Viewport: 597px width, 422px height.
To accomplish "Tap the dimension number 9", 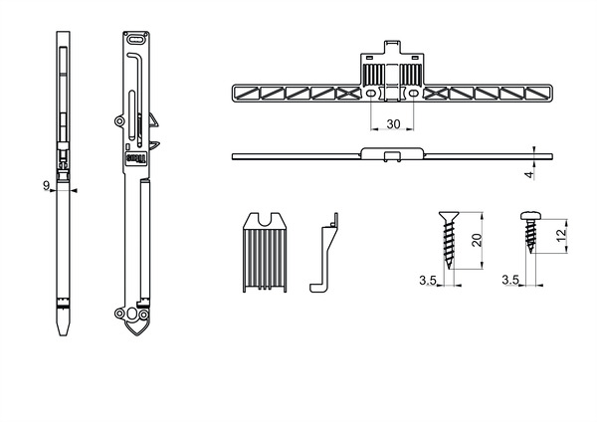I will pos(47,184).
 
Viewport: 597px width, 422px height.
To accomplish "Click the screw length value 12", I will pos(561,236).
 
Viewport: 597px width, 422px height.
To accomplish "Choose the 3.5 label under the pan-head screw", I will pos(510,282).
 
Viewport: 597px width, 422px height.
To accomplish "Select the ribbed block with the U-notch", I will pos(265,254).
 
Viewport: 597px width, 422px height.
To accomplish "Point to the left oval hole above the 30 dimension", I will pos(371,94).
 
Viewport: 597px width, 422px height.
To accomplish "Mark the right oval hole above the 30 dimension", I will pos(412,94).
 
